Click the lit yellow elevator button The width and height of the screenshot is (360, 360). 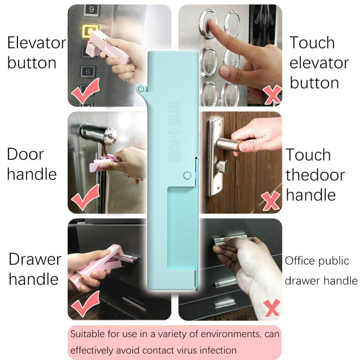click(90, 31)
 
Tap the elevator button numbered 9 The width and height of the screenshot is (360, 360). click(92, 9)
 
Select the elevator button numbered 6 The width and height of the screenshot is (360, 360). click(88, 72)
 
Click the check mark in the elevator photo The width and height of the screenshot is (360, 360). click(85, 90)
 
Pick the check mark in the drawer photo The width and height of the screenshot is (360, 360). click(85, 303)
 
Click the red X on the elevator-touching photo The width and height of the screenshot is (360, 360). click(272, 94)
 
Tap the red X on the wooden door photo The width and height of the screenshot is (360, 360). click(271, 201)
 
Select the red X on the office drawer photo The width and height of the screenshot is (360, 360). click(272, 308)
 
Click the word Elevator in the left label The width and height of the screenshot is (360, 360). click(37, 43)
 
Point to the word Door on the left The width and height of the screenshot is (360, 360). click(25, 154)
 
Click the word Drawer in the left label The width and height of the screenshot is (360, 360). click(35, 260)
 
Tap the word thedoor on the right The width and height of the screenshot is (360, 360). click(315, 175)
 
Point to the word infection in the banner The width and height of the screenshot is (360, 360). click(218, 351)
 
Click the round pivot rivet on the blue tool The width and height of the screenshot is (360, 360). click(187, 175)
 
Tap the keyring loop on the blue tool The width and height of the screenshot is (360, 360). click(141, 89)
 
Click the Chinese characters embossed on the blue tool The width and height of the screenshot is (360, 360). click(174, 132)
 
